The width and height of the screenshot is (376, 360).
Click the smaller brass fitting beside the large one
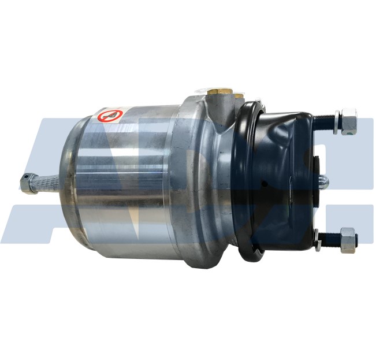tap(238, 94)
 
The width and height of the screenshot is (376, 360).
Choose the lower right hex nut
tap(348, 240)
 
